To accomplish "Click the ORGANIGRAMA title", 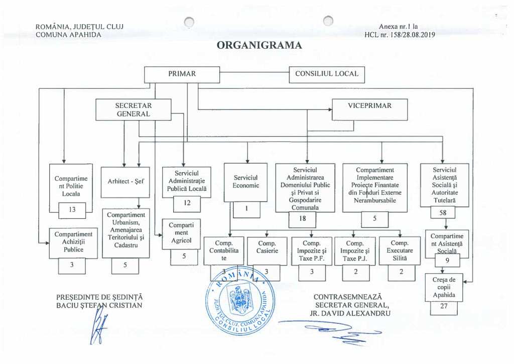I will pos(260,46).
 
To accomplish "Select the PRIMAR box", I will pos(182,74).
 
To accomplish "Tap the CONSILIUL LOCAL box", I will pos(327,74).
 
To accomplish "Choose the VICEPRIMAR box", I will pos(369,109).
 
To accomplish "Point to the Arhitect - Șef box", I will pos(125,182).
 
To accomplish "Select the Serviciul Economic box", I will pos(245,182).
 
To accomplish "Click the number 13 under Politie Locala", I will pos(72,210).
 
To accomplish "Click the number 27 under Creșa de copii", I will pos(444,306).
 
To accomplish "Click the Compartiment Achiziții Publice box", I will pos(73,241).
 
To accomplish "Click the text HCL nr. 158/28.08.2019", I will pos(400,35).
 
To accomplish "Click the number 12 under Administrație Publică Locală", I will pos(186,203).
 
